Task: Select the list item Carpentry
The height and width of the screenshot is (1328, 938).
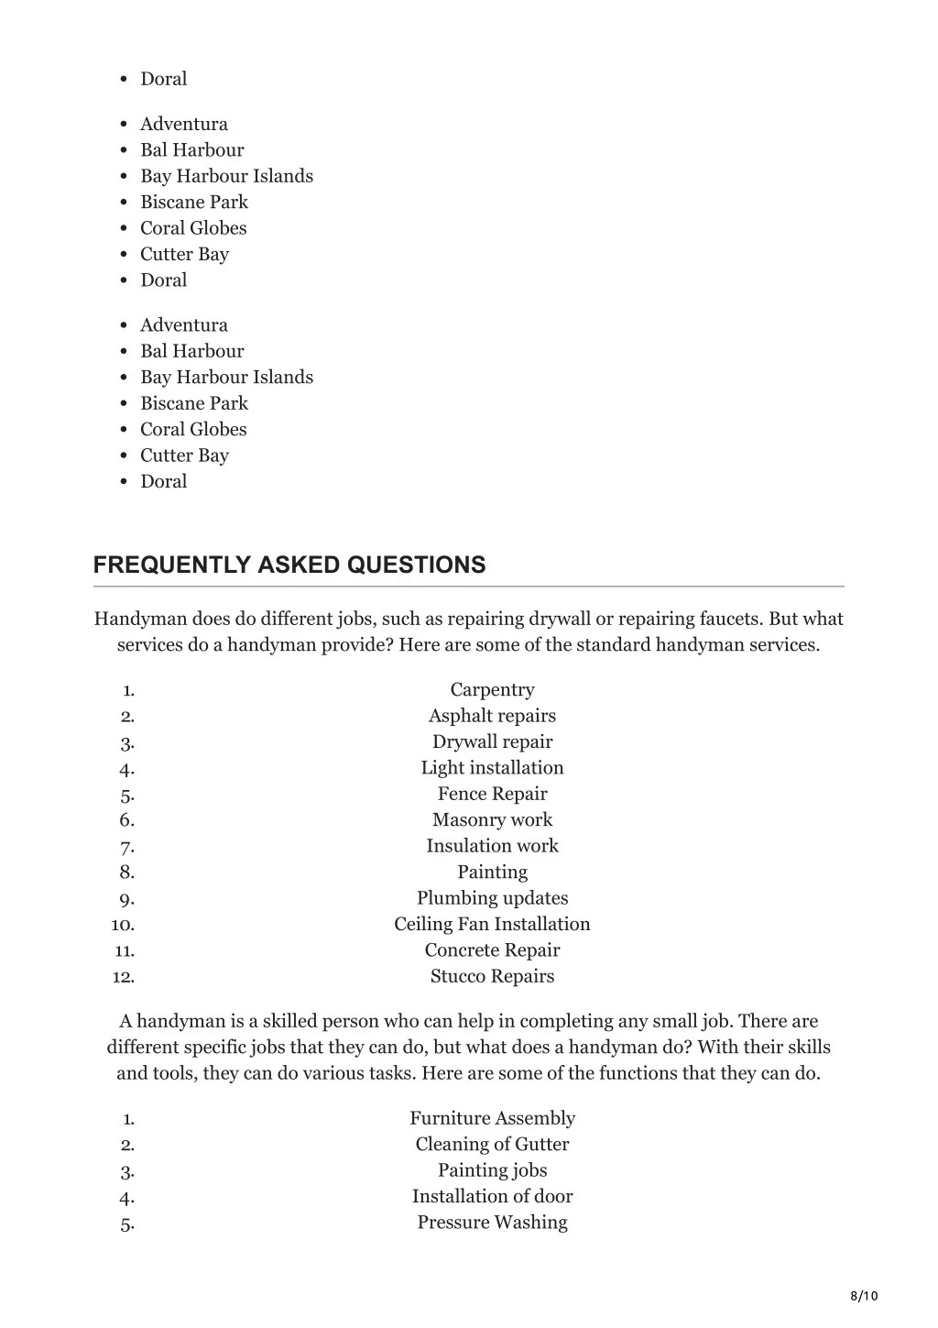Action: coord(492,689)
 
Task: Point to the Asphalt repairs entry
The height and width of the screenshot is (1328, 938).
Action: coord(492,716)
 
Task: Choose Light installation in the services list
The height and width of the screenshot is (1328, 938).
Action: coord(492,768)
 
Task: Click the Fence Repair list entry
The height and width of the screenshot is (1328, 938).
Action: coord(492,794)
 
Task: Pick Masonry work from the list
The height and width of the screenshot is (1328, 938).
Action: coord(492,819)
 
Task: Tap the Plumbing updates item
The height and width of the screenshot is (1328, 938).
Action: coord(492,898)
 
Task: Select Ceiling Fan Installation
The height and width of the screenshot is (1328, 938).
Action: coord(492,924)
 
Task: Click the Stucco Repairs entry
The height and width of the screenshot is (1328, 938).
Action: coord(492,976)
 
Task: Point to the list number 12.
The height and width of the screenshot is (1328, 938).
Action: coord(123,977)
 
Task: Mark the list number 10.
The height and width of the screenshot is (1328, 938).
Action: coord(123,925)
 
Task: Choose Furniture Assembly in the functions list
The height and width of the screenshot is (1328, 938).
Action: coord(492,1118)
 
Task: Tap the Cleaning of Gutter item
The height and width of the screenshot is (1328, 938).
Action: coord(492,1144)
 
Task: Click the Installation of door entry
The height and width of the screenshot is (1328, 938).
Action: coord(492,1196)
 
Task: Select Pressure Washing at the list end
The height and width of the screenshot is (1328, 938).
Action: coord(492,1222)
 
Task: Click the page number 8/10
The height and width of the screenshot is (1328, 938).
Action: coord(864,1295)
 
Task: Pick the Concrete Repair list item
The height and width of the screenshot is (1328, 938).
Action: coord(492,950)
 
